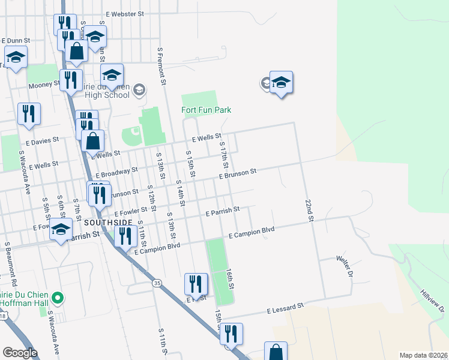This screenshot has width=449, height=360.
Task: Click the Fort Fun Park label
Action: (x=206, y=110)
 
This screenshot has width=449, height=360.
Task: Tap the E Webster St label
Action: (x=124, y=13)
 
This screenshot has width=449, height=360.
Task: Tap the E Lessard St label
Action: (x=285, y=309)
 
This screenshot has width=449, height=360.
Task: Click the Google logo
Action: (x=20, y=353)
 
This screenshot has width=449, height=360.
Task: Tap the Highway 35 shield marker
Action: (x=157, y=283)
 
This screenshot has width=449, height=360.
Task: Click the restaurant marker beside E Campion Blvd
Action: (x=124, y=235)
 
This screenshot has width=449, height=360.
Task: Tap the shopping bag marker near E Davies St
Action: (x=93, y=142)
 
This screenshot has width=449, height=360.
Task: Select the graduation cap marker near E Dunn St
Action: (x=16, y=58)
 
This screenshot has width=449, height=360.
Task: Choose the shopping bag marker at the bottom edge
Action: (x=276, y=352)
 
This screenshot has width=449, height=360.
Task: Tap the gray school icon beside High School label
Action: (x=139, y=91)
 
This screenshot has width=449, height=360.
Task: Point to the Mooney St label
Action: (x=43, y=86)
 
